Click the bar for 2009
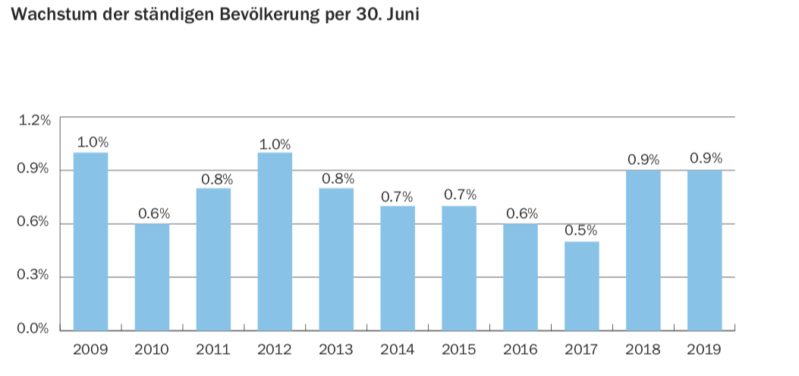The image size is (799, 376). (x=90, y=241)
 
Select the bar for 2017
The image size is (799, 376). (x=581, y=286)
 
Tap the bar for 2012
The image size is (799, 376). (x=275, y=241)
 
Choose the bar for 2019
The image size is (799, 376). (x=704, y=250)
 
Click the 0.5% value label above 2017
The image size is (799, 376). (x=581, y=230)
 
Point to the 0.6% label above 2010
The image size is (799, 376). (x=153, y=213)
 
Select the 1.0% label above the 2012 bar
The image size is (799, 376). (x=275, y=144)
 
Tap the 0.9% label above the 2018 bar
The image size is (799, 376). (x=643, y=160)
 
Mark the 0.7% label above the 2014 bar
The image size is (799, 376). (x=397, y=197)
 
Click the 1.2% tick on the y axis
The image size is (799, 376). (x=33, y=119)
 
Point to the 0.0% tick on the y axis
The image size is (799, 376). (x=33, y=329)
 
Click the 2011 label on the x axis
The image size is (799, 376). (x=213, y=350)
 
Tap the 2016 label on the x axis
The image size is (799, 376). (x=520, y=350)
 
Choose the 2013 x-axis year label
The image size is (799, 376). (x=336, y=350)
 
